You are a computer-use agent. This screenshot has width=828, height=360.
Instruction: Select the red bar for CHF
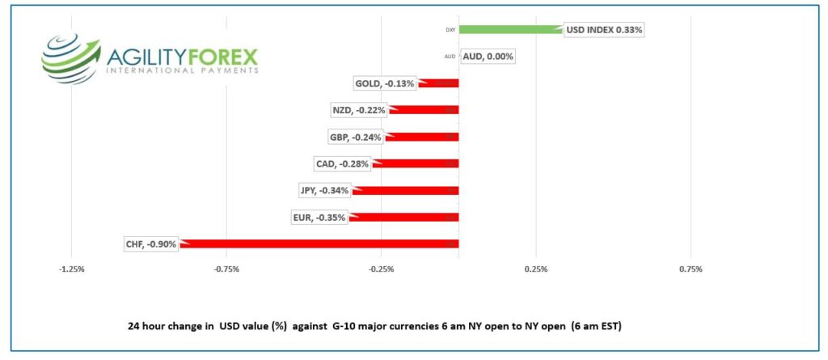[x=319, y=244]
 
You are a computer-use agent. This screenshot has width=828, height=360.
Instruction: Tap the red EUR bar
[x=403, y=217]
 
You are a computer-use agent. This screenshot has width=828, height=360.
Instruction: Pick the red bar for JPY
[x=405, y=190]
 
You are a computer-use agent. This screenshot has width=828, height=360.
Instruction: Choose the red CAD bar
[x=415, y=163]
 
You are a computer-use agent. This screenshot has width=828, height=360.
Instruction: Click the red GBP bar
[x=421, y=137]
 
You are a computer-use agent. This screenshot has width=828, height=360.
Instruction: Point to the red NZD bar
[x=423, y=110]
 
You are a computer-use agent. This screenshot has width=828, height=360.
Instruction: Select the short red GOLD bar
[x=438, y=83]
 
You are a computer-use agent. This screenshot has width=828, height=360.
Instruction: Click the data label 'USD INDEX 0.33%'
[x=604, y=30]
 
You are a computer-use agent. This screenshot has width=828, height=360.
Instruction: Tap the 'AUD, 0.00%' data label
[x=488, y=57]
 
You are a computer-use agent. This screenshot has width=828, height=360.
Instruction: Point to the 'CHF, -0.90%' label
[x=151, y=244]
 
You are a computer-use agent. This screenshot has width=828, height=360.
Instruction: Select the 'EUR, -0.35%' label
[x=319, y=217]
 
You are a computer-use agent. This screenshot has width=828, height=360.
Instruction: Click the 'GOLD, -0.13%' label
[x=385, y=83]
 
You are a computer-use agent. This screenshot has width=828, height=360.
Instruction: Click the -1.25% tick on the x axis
[x=73, y=269]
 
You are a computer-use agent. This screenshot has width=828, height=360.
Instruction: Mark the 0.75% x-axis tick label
[x=691, y=269]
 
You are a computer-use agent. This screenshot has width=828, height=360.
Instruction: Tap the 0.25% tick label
[x=536, y=269]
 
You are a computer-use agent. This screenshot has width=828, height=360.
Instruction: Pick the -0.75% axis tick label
[x=227, y=269]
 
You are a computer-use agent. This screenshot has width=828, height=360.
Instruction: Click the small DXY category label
[x=450, y=30]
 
